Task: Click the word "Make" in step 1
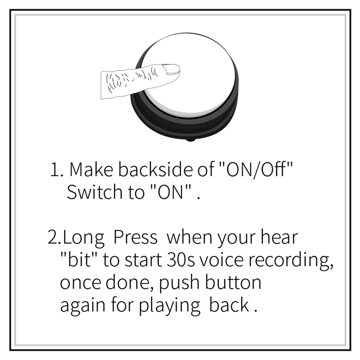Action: tap(92, 170)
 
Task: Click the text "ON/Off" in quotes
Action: tap(254, 170)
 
